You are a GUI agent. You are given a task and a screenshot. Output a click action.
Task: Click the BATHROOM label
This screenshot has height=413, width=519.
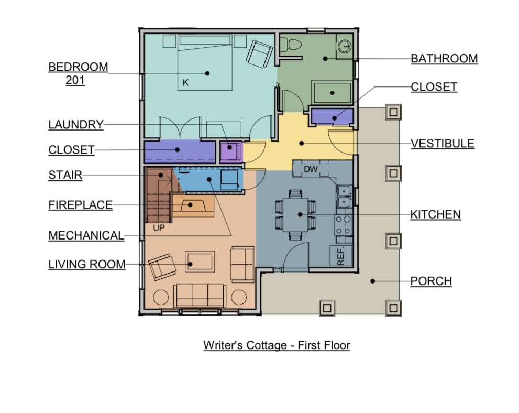click(x=444, y=59)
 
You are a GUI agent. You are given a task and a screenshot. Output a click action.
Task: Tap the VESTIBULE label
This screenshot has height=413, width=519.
click(x=443, y=144)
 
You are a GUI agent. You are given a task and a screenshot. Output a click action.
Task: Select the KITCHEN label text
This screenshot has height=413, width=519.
click(x=435, y=214)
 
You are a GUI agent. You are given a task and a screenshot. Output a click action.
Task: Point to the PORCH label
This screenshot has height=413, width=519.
click(x=431, y=281)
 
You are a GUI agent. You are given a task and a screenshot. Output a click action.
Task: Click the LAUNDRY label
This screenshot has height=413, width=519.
click(x=76, y=125)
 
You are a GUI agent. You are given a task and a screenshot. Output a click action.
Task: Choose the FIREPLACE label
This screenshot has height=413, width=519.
click(x=81, y=205)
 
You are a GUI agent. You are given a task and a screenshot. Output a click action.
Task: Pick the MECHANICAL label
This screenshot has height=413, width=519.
click(x=86, y=235)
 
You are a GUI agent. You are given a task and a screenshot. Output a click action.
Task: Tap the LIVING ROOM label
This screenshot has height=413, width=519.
click(x=87, y=265)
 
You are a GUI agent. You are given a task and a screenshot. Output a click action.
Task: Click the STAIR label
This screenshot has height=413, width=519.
click(x=65, y=175)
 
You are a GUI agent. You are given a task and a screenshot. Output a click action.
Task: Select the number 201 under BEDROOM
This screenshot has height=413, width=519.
click(x=75, y=80)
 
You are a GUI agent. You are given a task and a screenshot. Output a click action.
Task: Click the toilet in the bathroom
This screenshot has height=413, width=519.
click(x=290, y=45)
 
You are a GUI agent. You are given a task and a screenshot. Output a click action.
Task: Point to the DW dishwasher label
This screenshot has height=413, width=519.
click(x=311, y=169)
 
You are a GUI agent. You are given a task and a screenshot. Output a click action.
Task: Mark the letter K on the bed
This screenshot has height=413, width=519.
click(x=185, y=82)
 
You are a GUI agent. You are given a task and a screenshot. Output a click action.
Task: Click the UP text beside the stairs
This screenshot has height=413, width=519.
click(x=159, y=228)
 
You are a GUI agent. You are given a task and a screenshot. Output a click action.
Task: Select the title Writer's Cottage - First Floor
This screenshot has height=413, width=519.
click(x=277, y=345)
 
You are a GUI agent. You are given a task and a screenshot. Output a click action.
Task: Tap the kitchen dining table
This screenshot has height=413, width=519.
click(x=295, y=214)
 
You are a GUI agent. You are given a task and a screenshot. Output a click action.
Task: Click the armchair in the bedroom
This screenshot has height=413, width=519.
click(x=260, y=53)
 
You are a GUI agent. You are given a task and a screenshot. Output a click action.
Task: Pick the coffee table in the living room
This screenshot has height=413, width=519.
click(x=200, y=262)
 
